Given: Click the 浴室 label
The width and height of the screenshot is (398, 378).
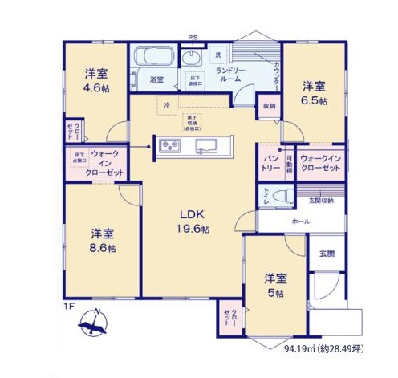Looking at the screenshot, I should coord(156,79).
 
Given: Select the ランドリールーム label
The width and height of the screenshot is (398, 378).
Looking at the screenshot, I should coord(232,75).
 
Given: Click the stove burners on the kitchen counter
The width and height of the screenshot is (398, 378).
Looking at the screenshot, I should coord(171,145).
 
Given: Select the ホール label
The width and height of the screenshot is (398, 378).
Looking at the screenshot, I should coord(301,219).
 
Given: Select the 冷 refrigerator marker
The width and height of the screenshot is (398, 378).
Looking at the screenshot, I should coord(167,105).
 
